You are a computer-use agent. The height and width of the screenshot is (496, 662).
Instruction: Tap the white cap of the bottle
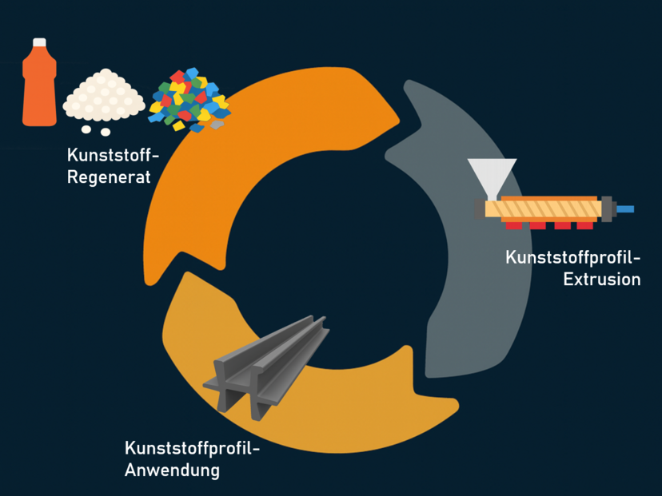[39, 42]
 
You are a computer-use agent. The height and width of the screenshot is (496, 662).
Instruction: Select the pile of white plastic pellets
[104, 95]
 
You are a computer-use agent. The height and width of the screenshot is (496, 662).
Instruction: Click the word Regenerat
[109, 177]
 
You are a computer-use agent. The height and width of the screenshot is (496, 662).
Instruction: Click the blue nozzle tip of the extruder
[624, 209]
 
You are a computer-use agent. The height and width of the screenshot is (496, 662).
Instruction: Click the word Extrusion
[601, 279]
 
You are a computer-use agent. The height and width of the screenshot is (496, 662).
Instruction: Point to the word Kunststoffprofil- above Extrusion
[572, 258]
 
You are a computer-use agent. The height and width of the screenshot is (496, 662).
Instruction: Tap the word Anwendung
[172, 470]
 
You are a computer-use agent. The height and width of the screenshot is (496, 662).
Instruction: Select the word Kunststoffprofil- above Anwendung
[193, 448]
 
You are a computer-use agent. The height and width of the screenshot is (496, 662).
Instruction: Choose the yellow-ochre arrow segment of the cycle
[320, 415]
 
